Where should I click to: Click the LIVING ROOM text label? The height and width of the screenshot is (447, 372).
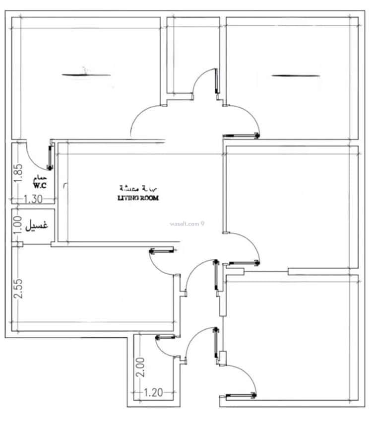coord(138,198)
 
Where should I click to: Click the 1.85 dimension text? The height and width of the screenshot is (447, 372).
coord(18,173)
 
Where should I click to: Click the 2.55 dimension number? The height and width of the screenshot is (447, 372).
coord(18,289)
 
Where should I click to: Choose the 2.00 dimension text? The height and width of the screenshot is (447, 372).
coord(141,367)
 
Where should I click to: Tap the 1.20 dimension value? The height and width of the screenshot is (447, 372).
coord(153,392)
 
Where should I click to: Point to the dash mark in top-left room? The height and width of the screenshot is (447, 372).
coord(86,75)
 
